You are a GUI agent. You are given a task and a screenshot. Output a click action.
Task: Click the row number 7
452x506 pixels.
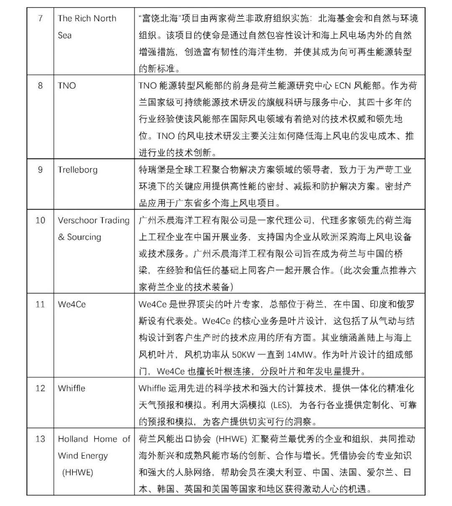click(x=40, y=18)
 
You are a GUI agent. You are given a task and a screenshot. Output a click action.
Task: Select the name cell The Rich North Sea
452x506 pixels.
click(x=87, y=26)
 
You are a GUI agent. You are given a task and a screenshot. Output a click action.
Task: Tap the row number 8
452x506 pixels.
click(x=40, y=86)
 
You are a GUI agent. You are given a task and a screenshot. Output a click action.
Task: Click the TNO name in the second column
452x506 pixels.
click(x=67, y=86)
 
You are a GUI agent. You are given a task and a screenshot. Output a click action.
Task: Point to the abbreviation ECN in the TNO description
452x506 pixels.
click(x=344, y=86)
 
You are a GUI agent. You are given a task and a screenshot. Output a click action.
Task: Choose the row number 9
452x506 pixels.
click(x=40, y=170)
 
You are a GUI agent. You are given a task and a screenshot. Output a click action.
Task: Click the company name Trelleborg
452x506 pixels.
click(x=77, y=170)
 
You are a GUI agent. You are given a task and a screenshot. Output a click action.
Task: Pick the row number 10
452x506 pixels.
click(x=40, y=220)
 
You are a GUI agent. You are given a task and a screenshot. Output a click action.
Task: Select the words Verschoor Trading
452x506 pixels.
click(x=94, y=220)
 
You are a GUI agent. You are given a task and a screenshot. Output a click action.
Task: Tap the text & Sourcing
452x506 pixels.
click(x=80, y=237)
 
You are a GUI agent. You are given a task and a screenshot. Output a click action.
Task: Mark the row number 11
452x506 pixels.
click(x=40, y=304)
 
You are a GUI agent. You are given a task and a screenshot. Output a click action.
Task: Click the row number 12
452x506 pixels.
click(x=40, y=388)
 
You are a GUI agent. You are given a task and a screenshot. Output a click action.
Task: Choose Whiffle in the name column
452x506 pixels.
click(x=72, y=388)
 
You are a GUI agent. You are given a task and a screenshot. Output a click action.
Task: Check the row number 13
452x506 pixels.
click(x=40, y=439)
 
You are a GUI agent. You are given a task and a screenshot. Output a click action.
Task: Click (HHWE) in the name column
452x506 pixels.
click(x=77, y=472)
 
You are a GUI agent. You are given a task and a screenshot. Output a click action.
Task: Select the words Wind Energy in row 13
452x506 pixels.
click(x=83, y=456)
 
